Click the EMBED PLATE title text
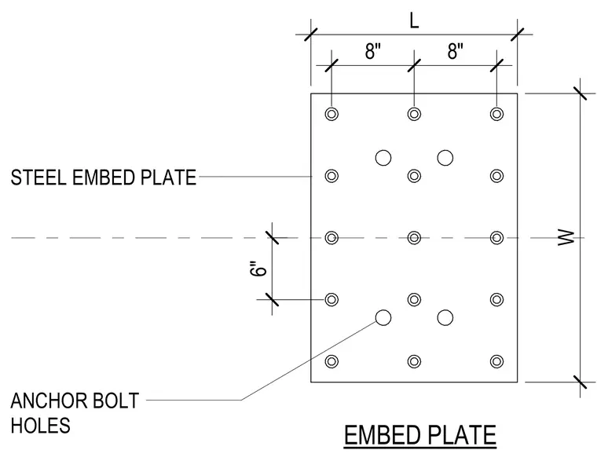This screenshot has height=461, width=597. pyautogui.click(x=420, y=435)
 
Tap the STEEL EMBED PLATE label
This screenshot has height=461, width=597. pyautogui.click(x=103, y=177)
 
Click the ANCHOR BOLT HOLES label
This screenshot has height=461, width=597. pyautogui.click(x=75, y=413)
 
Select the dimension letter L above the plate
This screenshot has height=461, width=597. pyautogui.click(x=414, y=20)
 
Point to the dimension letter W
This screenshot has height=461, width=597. pyautogui.click(x=566, y=237)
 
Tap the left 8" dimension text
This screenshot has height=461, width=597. pyautogui.click(x=373, y=51)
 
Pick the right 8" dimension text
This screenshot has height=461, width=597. pyautogui.click(x=456, y=51)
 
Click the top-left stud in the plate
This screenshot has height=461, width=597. pyautogui.click(x=331, y=114)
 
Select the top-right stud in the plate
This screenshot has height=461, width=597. pyautogui.click(x=496, y=114)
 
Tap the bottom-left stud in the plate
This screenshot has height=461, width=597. pyautogui.click(x=331, y=361)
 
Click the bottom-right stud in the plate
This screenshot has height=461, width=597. pyautogui.click(x=496, y=361)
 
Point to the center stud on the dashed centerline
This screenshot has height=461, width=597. pyautogui.click(x=414, y=237)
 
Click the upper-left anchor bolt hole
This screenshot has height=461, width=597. pyautogui.click(x=383, y=158)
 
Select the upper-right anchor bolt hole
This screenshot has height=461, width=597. pyautogui.click(x=445, y=158)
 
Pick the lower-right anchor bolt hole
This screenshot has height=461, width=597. pyautogui.click(x=445, y=317)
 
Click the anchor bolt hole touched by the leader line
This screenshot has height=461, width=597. pyautogui.click(x=383, y=317)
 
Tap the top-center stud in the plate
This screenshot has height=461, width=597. pyautogui.click(x=414, y=114)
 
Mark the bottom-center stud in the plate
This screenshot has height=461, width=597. pyautogui.click(x=414, y=361)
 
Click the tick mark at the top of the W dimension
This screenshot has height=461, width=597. pyautogui.click(x=581, y=93)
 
